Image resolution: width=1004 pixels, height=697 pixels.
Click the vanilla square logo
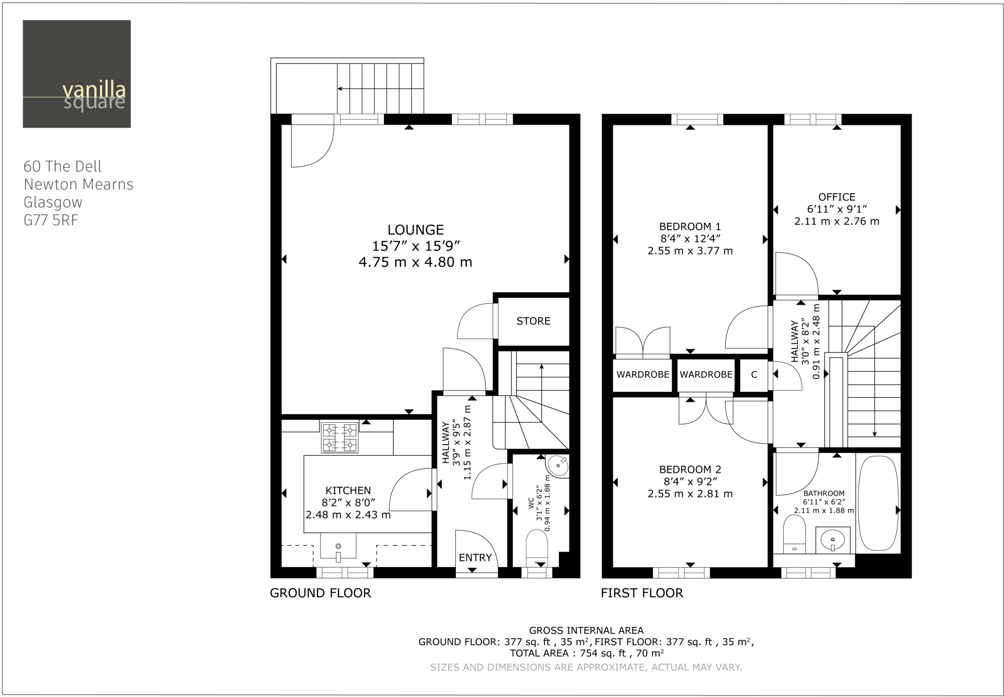click(76, 74)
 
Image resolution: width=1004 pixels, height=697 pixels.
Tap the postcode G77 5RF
click(51, 220)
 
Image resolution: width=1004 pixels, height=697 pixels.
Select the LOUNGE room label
click(415, 230)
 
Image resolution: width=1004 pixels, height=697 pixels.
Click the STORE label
click(533, 321)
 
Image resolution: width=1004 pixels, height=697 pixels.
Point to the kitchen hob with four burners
click(339, 437)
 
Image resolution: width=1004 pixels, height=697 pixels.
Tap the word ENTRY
click(475, 557)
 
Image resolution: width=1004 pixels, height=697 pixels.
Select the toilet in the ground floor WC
click(536, 549)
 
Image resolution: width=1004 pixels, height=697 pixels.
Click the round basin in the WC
click(558, 465)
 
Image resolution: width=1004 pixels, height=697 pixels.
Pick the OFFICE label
click(836, 197)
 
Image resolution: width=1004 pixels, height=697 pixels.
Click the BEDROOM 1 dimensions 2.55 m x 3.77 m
click(690, 251)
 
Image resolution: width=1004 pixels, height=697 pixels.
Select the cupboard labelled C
click(753, 375)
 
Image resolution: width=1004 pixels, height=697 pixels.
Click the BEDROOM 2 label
click(690, 469)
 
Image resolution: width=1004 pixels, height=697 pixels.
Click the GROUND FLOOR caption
click(320, 593)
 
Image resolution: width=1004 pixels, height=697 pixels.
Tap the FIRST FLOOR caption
click(642, 593)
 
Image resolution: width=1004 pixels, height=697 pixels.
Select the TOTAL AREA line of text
click(586, 653)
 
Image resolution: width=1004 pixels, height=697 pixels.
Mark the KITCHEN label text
click(348, 490)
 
